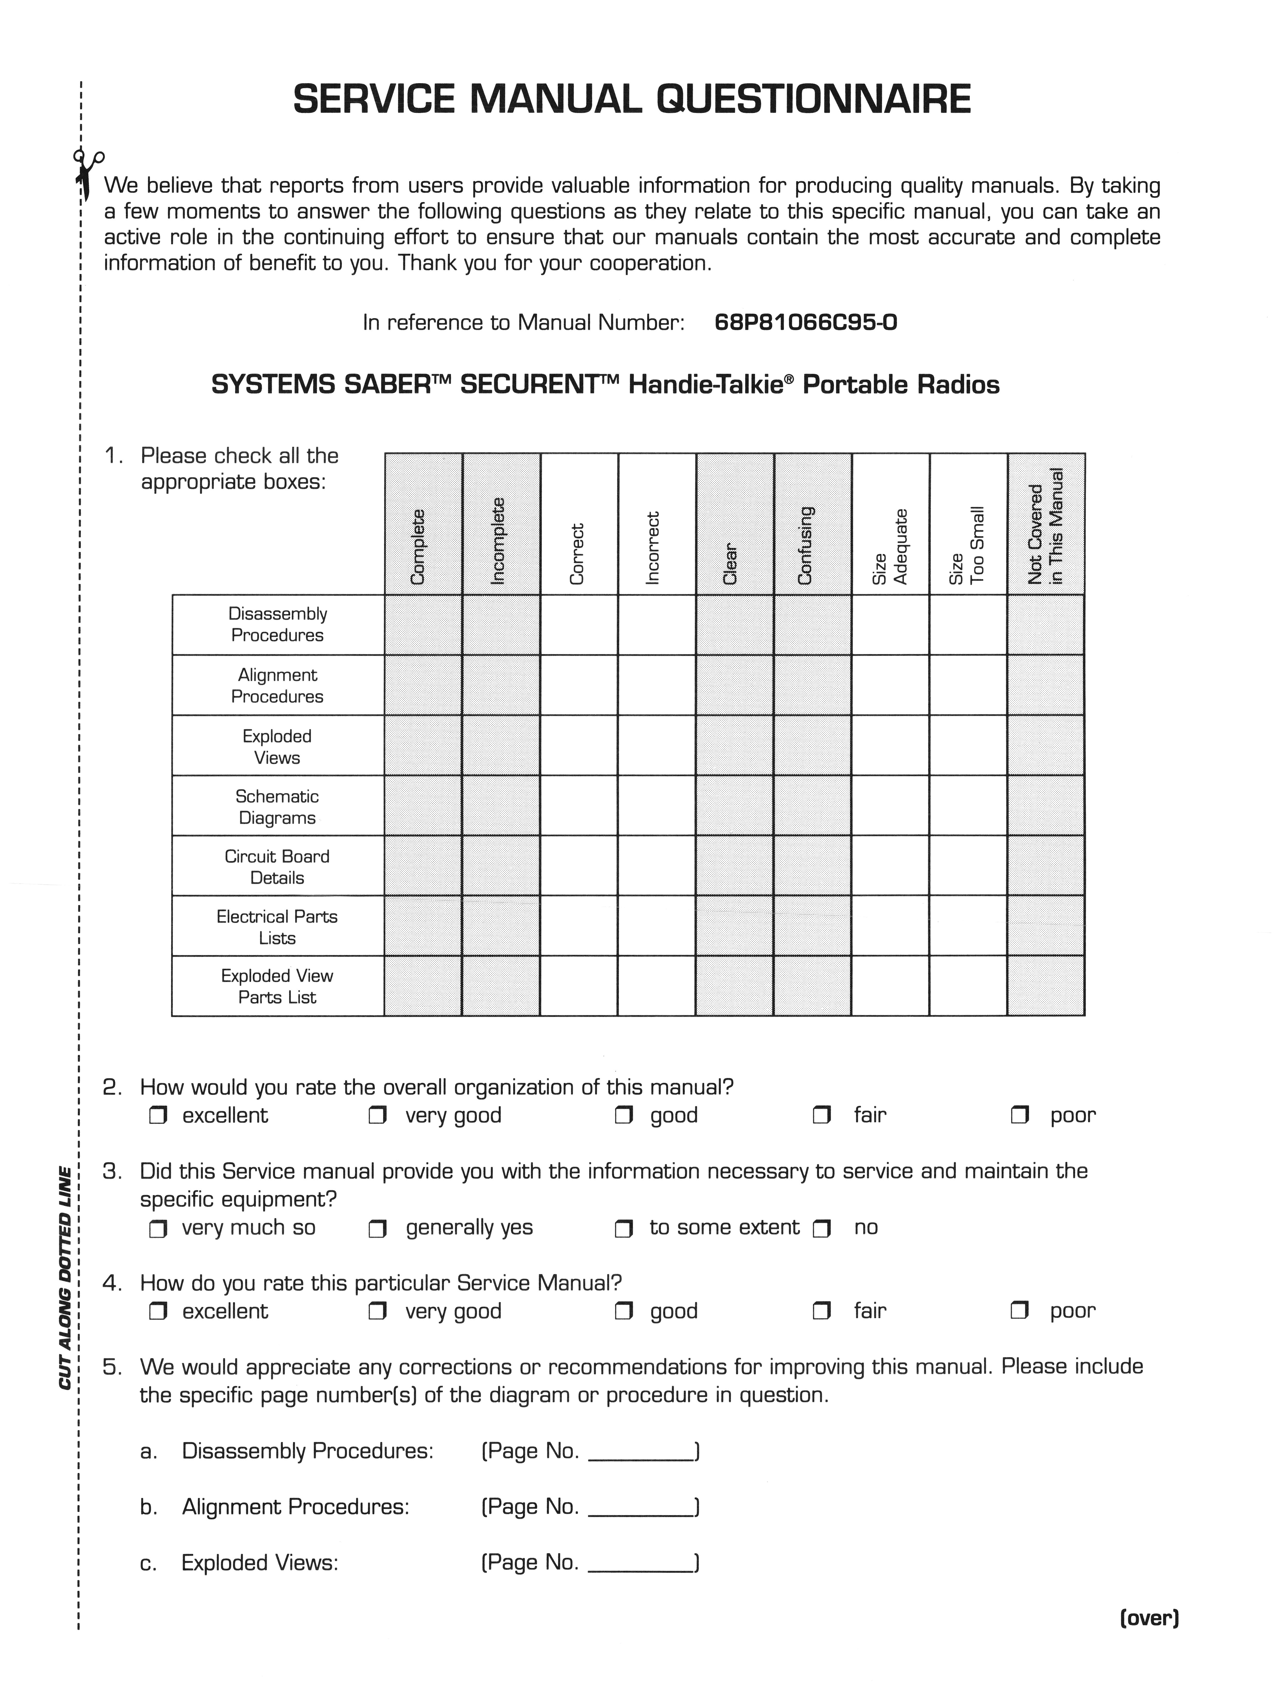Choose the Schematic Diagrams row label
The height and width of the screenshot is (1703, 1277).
point(277,807)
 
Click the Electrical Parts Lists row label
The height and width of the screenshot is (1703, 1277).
point(277,927)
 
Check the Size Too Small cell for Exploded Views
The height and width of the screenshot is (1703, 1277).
point(968,745)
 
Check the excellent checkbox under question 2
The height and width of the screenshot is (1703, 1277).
point(159,1116)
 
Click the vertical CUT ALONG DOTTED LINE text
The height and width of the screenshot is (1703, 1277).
point(65,1278)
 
